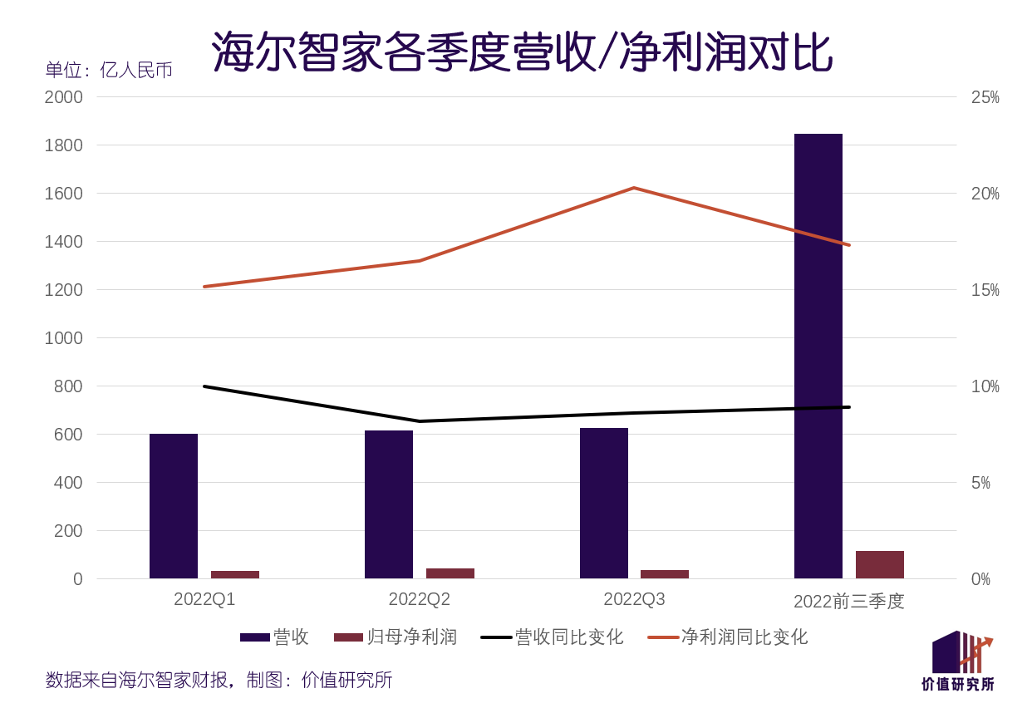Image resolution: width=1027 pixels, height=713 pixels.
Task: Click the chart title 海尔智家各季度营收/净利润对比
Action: (x=521, y=52)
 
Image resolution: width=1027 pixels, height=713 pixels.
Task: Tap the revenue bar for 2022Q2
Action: (x=389, y=504)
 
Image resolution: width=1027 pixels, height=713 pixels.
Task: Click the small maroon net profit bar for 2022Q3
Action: (x=665, y=574)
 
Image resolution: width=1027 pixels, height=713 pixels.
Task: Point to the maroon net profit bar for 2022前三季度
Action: (x=880, y=564)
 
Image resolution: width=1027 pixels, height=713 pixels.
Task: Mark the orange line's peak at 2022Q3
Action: (x=634, y=188)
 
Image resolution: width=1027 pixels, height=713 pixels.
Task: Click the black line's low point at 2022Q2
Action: (x=420, y=421)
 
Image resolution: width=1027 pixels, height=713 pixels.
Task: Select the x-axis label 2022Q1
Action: (x=204, y=599)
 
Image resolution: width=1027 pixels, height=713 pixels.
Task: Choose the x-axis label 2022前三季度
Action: (x=848, y=601)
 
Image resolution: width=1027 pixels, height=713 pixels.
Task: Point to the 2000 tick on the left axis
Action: (x=64, y=97)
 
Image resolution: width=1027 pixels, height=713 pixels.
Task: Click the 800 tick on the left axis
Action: (x=69, y=386)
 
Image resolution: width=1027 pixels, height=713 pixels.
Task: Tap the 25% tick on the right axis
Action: (x=985, y=97)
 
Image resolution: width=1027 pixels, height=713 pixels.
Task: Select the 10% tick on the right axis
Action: (x=985, y=386)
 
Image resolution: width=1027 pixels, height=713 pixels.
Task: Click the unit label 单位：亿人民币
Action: (x=109, y=71)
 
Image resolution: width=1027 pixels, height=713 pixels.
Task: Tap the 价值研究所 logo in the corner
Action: (x=959, y=661)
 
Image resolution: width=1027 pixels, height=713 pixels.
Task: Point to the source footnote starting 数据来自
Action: (x=219, y=681)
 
